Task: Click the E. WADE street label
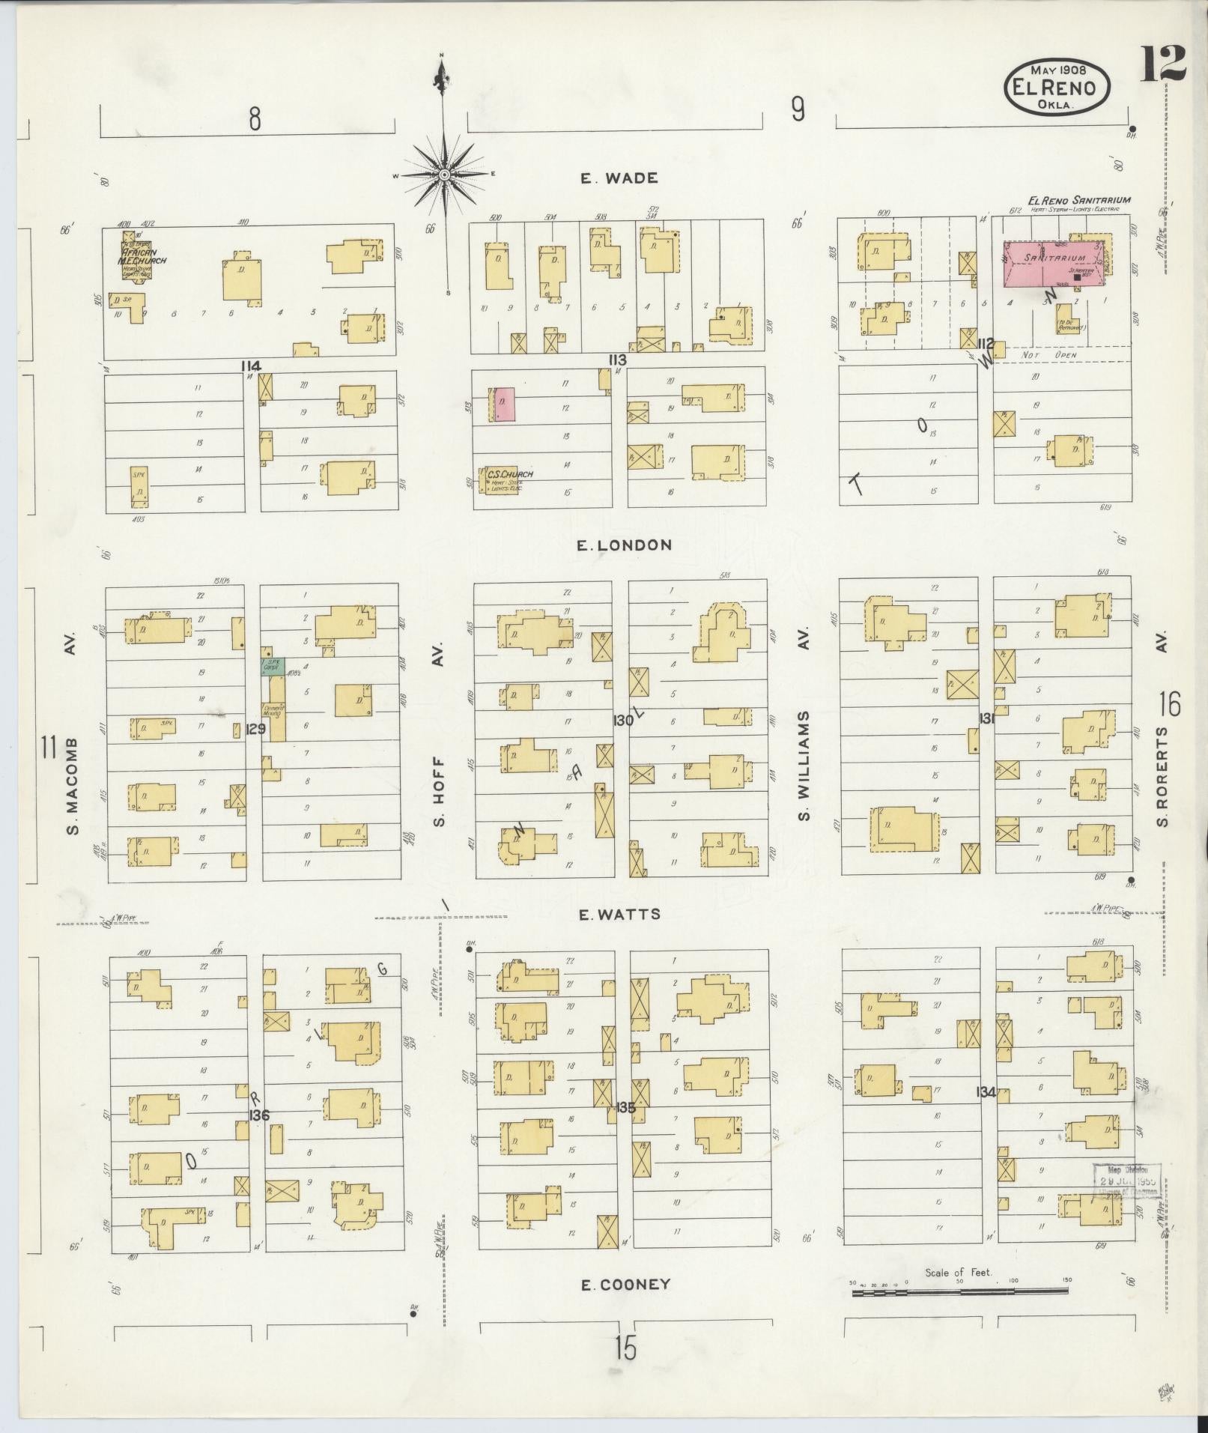coord(619,178)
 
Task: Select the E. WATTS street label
coord(620,914)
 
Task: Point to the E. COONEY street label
coord(625,1285)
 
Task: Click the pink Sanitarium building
coord(1055,264)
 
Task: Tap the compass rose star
coord(444,175)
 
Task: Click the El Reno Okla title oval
coord(1057,88)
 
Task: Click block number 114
coord(251,366)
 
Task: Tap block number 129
coord(255,727)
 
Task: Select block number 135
coord(625,1106)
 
